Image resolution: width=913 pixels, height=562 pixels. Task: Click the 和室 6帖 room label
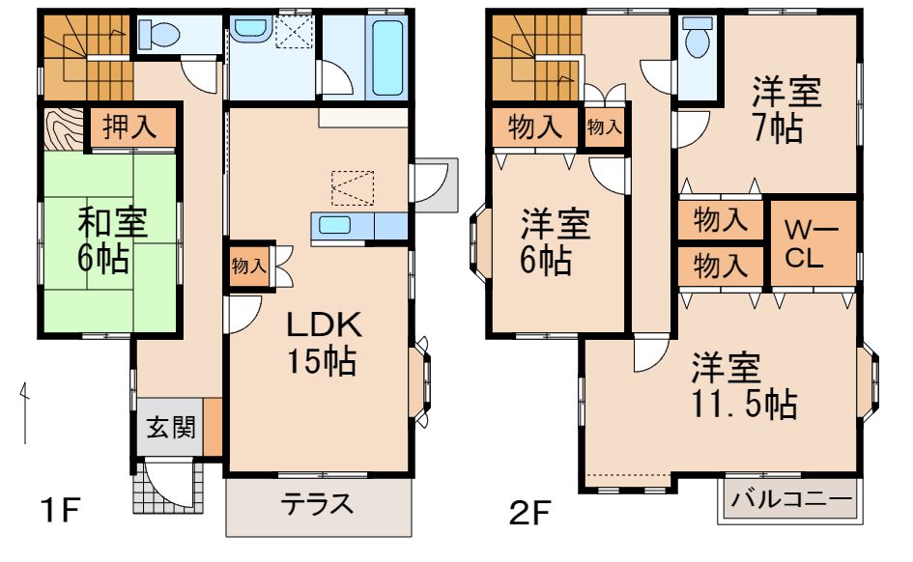click(x=112, y=239)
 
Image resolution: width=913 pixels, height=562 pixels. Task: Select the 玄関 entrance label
click(x=170, y=426)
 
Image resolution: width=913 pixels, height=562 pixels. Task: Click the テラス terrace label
click(x=317, y=504)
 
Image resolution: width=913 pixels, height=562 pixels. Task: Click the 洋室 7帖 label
click(x=787, y=111)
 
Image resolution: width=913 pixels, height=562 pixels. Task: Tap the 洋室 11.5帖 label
click(x=743, y=386)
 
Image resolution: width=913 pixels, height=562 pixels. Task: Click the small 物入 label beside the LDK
click(x=248, y=267)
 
